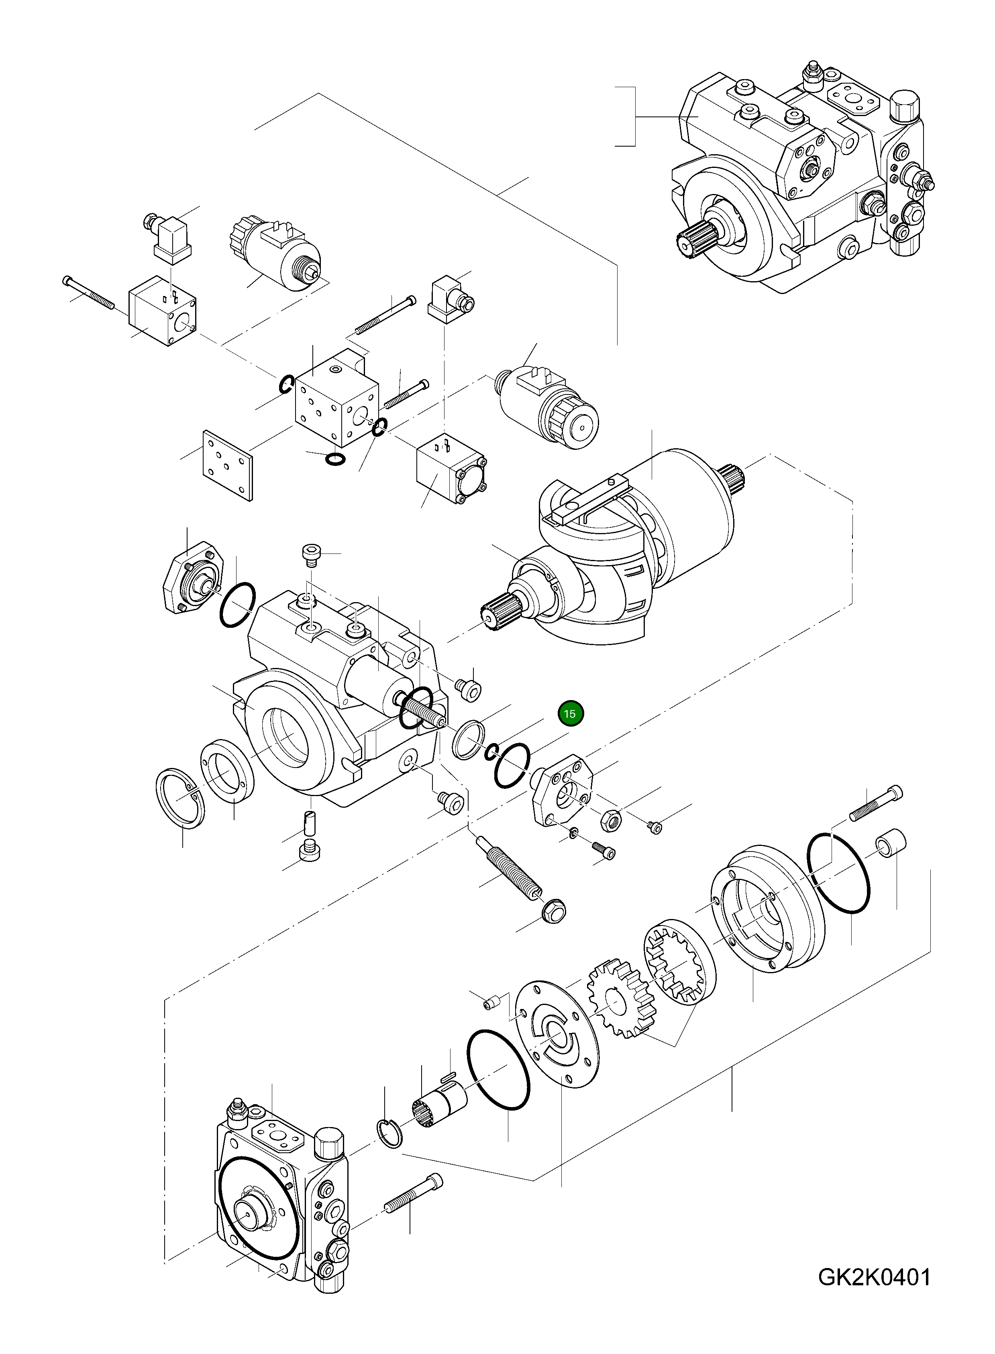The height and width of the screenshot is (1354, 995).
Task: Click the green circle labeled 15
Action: (x=570, y=714)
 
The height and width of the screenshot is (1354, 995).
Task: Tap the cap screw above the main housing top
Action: (x=312, y=554)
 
